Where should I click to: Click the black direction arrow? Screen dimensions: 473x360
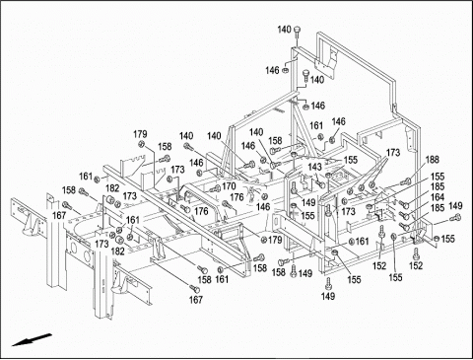(32, 340)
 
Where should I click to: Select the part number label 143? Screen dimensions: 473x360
(314, 167)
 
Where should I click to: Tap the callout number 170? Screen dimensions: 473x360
(229, 186)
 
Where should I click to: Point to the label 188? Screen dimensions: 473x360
(433, 160)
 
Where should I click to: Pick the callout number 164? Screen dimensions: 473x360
(438, 197)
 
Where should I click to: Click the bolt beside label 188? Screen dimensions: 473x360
(407, 180)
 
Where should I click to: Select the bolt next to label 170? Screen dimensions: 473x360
(216, 188)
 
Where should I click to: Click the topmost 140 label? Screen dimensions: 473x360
(285, 30)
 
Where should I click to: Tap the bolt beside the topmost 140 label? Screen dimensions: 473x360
(298, 32)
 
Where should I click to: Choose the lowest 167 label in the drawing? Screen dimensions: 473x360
(196, 300)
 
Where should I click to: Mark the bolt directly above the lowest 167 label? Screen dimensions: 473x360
(195, 288)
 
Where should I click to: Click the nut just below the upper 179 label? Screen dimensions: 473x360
(141, 144)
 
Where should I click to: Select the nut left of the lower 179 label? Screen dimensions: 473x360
(263, 241)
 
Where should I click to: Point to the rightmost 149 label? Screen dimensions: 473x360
(455, 206)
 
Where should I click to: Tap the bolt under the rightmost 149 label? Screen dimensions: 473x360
(456, 217)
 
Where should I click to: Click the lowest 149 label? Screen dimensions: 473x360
(328, 296)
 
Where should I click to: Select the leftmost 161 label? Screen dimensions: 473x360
(86, 177)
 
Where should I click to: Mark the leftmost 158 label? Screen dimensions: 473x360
(69, 190)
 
